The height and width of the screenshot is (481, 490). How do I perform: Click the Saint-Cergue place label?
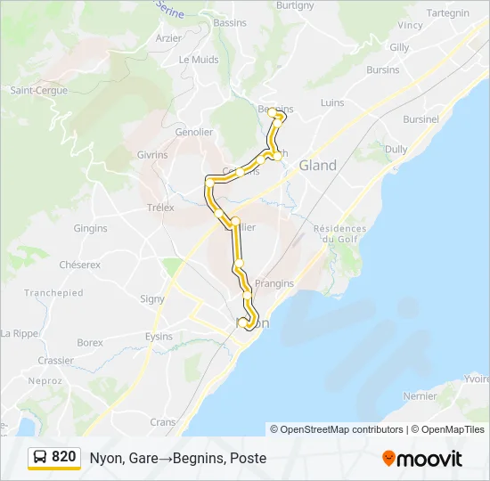[33, 90]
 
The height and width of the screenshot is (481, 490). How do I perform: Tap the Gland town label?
[318, 166]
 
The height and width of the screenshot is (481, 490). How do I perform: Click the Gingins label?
[90, 228]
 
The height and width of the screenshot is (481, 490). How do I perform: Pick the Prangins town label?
[274, 284]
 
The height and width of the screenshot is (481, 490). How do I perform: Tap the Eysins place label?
[159, 337]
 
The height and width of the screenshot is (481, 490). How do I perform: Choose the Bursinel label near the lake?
[421, 118]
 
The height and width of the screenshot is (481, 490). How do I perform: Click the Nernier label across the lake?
[420, 395]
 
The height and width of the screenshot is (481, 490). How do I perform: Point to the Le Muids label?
[198, 60]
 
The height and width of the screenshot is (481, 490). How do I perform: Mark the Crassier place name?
[55, 361]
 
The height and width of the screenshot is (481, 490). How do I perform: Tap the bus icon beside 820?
[41, 457]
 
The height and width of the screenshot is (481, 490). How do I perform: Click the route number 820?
[63, 457]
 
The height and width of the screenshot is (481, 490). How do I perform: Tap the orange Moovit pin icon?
[389, 459]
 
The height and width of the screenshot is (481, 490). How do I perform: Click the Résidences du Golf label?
[339, 234]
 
